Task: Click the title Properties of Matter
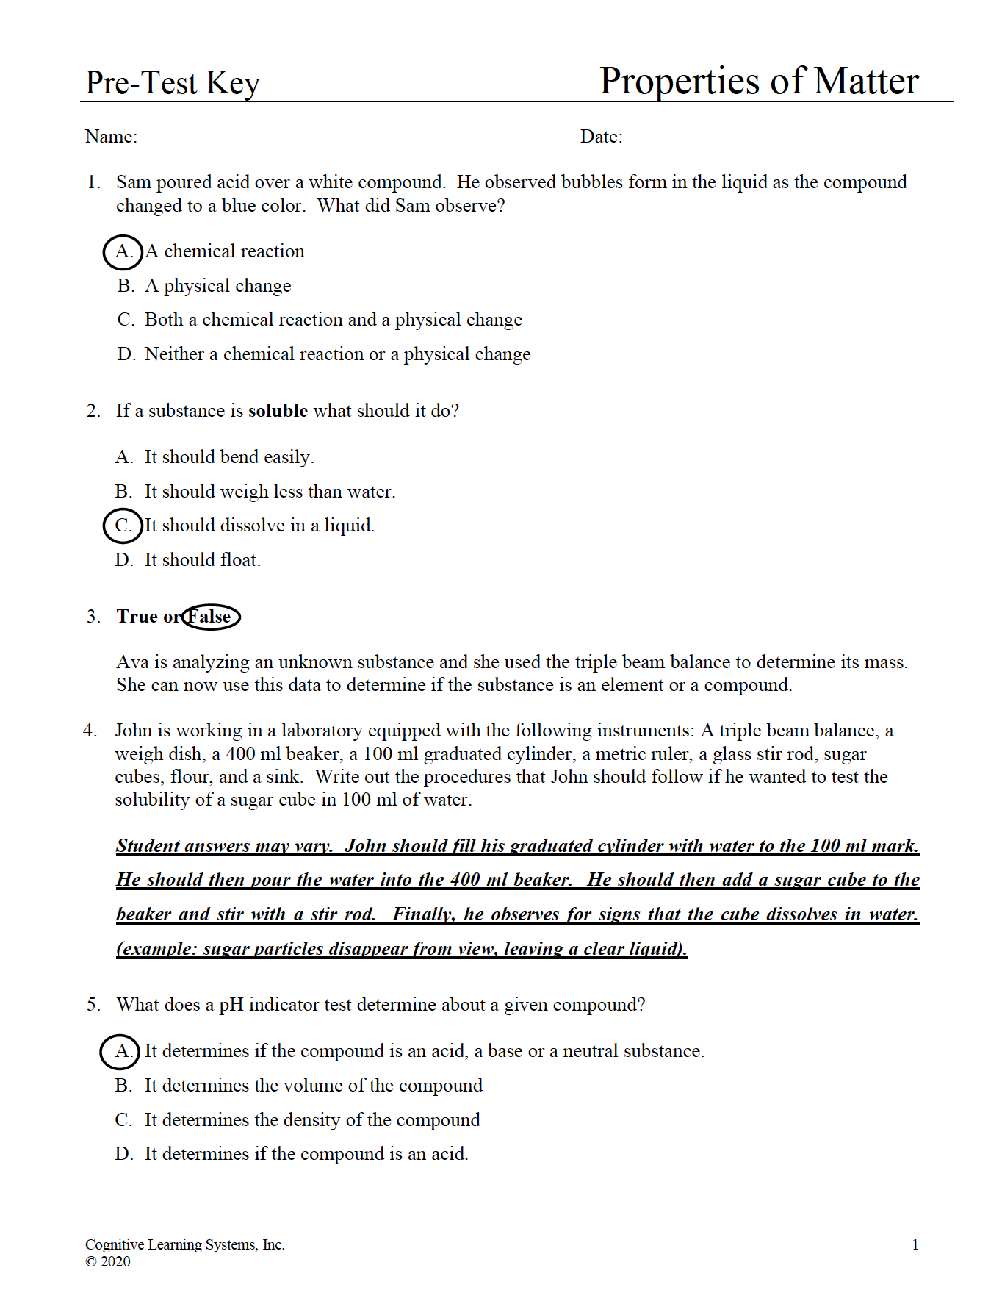pos(758,81)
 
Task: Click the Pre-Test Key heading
pos(173,83)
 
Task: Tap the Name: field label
pos(111,137)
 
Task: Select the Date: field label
pos(601,137)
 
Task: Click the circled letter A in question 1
pos(123,251)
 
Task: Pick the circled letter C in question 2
pos(123,526)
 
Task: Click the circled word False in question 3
pos(211,617)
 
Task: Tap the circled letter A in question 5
pos(120,1051)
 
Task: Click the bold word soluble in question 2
pos(278,411)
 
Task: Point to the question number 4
pos(90,731)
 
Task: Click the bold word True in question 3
pos(137,617)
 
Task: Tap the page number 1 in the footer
pos(915,1244)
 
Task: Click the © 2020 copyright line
pos(108,1261)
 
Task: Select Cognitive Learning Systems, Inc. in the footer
pos(184,1244)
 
